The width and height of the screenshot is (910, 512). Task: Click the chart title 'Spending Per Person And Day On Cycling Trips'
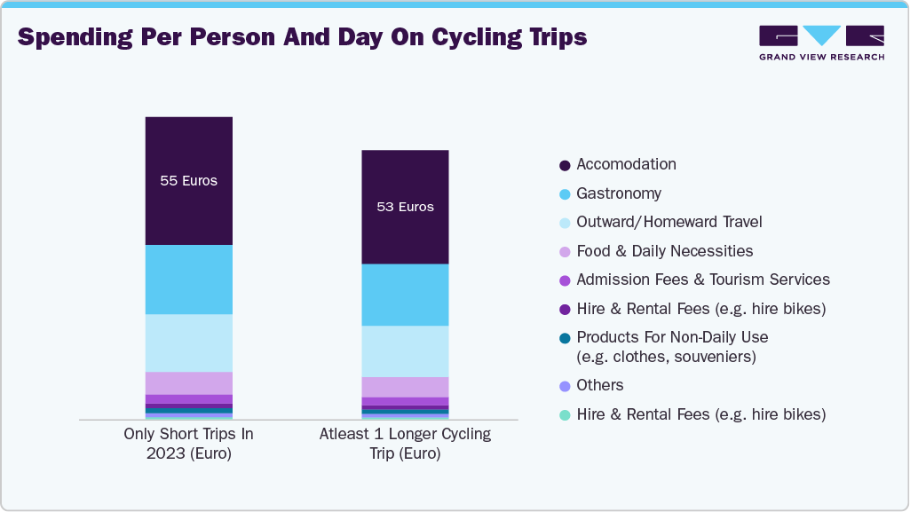point(302,37)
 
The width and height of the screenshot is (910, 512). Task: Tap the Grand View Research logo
point(821,43)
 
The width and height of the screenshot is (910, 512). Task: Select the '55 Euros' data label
point(188,181)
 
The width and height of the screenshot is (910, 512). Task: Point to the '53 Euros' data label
point(405,207)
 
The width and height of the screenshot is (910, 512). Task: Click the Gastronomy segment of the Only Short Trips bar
point(188,280)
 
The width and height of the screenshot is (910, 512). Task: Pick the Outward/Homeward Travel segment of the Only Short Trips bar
point(188,343)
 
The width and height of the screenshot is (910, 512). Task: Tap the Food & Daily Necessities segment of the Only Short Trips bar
point(188,382)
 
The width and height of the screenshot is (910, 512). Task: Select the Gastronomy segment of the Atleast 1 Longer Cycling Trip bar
point(405,295)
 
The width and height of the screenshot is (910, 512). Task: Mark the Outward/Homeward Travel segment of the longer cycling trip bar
point(405,351)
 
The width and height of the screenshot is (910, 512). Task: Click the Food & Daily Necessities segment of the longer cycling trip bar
point(405,387)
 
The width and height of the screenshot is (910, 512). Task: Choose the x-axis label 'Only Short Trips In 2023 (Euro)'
point(188,444)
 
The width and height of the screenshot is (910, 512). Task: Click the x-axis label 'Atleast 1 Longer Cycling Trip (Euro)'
point(405,444)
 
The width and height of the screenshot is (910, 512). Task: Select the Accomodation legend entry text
point(626,164)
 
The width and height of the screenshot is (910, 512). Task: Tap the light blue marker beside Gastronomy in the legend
point(565,194)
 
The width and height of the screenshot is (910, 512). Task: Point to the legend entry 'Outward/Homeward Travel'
point(669,222)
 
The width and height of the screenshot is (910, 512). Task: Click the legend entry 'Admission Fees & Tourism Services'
point(702,280)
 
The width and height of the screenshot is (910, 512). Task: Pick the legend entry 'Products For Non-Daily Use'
point(672,337)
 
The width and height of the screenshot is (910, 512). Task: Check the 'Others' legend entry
point(599,385)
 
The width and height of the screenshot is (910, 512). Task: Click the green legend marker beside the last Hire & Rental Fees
point(565,415)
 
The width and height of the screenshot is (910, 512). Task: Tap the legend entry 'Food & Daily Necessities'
point(664,251)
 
